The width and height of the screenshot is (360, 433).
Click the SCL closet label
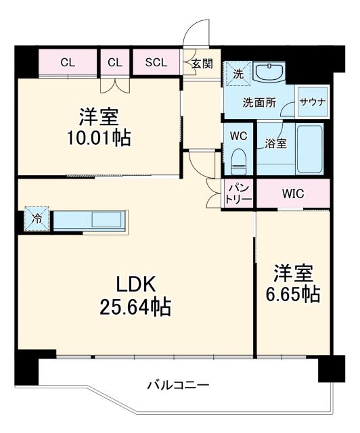click(x=156, y=63)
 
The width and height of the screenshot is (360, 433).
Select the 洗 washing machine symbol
click(x=238, y=72)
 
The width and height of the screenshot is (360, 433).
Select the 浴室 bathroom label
click(x=275, y=143)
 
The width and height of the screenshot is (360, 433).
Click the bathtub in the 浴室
click(x=311, y=149)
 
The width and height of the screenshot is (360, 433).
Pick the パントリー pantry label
click(x=240, y=193)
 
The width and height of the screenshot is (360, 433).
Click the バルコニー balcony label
click(x=179, y=386)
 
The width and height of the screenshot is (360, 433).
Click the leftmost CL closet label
click(x=67, y=63)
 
